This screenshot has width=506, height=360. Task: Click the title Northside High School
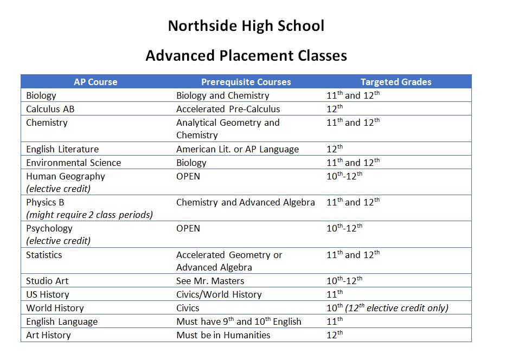(246, 26)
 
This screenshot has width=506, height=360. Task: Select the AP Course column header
(95, 82)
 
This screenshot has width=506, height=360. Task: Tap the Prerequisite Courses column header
(246, 82)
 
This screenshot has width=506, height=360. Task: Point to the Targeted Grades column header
(396, 82)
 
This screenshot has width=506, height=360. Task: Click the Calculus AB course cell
(50, 109)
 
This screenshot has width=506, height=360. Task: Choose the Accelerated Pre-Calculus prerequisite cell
(228, 109)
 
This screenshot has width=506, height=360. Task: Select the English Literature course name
(62, 149)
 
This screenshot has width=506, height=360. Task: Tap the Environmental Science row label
(73, 163)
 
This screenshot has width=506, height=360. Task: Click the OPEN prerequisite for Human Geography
(188, 176)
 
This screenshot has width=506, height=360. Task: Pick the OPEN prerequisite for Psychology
(188, 228)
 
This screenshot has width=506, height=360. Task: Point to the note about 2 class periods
(89, 215)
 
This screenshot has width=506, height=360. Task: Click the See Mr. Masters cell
(210, 281)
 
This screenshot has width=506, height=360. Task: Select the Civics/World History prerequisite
(219, 294)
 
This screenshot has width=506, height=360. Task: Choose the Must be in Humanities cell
(223, 335)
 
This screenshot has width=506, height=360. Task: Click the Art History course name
(48, 335)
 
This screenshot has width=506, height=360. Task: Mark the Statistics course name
(44, 255)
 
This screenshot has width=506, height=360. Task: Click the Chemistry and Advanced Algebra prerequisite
(245, 202)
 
